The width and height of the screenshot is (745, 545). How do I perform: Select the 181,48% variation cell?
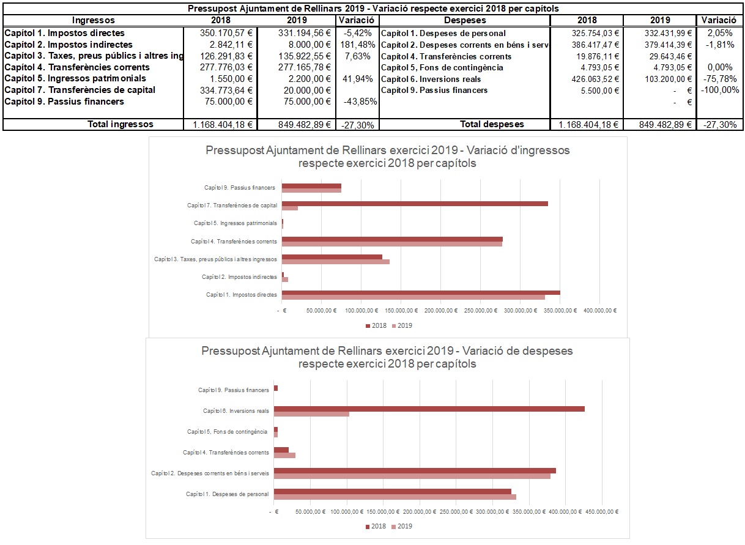[357, 45]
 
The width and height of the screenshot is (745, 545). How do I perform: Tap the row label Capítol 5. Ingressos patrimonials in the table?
[75, 78]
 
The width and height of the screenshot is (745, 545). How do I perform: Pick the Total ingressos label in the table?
[120, 124]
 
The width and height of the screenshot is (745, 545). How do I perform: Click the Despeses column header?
[464, 20]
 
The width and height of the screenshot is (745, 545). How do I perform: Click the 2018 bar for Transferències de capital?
[415, 203]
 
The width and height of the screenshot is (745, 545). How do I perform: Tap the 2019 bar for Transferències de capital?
[290, 208]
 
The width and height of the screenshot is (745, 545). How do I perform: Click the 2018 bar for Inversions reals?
[429, 409]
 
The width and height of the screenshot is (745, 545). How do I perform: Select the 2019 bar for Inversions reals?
[311, 414]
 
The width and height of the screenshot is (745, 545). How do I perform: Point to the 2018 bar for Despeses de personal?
[392, 491]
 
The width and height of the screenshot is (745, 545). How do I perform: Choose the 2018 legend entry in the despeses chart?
[376, 527]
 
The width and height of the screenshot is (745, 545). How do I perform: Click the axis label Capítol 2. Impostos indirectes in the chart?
[239, 277]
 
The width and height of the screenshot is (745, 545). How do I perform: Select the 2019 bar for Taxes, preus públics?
[335, 262]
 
